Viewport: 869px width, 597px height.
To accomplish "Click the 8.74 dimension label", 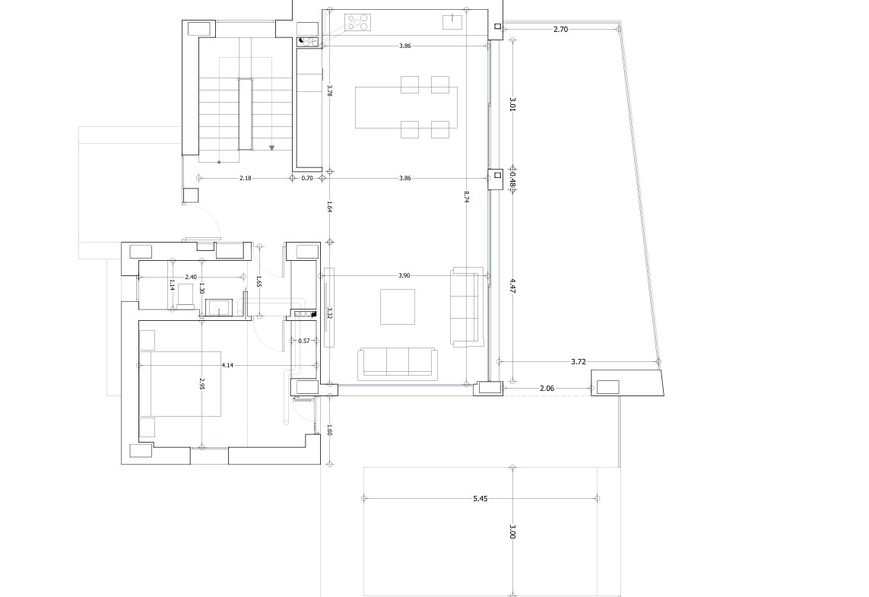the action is (467, 198).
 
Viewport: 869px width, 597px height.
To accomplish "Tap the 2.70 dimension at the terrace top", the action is (560, 30).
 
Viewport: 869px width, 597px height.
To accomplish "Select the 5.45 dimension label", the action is (480, 499).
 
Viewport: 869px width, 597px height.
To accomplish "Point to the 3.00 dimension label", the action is (512, 532).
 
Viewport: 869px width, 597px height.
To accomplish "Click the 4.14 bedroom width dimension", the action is (227, 365).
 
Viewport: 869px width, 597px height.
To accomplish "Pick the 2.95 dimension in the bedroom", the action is (202, 384).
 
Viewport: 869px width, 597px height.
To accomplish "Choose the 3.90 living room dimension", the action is (404, 275).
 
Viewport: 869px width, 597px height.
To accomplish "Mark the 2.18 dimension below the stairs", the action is (245, 179).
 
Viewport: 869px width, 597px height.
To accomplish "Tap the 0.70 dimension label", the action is (307, 179).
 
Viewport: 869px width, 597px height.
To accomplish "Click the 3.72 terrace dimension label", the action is (578, 362).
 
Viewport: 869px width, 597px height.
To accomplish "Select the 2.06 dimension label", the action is (547, 389).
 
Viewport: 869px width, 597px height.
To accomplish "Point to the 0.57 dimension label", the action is (304, 341).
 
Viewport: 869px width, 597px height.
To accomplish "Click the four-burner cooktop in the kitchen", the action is (357, 22).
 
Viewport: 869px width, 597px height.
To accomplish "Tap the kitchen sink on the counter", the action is (453, 22).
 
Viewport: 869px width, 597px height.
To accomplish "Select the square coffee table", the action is (398, 306).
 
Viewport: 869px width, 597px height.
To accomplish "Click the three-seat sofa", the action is (398, 364).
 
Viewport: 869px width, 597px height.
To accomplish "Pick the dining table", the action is (406, 107).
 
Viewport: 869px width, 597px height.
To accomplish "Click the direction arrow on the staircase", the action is (272, 148).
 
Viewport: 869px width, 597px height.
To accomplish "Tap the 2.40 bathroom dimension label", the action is (191, 277).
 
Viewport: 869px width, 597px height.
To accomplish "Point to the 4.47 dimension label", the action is (512, 287).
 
